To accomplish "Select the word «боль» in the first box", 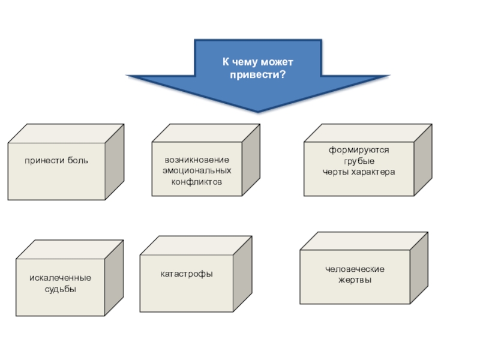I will [77, 161].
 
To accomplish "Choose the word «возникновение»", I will [197, 161].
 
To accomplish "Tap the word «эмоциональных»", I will [197, 171].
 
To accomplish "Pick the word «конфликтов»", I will [197, 181].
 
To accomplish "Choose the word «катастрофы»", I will [187, 274].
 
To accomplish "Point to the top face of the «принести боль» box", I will [66, 133].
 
